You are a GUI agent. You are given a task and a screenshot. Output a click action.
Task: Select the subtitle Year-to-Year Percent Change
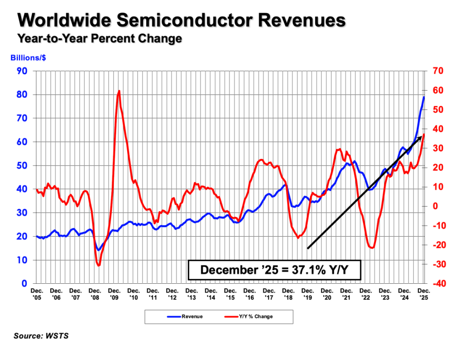[99, 39]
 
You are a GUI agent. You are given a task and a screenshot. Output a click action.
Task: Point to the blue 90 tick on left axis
[22, 71]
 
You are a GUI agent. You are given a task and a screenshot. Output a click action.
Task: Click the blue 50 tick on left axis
[22, 166]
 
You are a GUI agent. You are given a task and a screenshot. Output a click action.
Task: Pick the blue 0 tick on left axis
[25, 283]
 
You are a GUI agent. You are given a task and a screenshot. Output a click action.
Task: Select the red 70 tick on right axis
[438, 71]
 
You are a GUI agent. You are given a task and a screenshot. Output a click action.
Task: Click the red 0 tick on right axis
[434, 206]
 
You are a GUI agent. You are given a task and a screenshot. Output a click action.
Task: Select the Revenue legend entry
[185, 316]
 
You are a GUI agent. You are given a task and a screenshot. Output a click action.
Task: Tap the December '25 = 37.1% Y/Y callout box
[275, 270]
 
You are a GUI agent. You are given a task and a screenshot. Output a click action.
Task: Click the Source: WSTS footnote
[41, 336]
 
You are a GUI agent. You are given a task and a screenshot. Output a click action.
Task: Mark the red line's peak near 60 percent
[119, 91]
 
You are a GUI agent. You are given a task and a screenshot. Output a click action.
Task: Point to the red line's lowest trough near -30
[99, 266]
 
